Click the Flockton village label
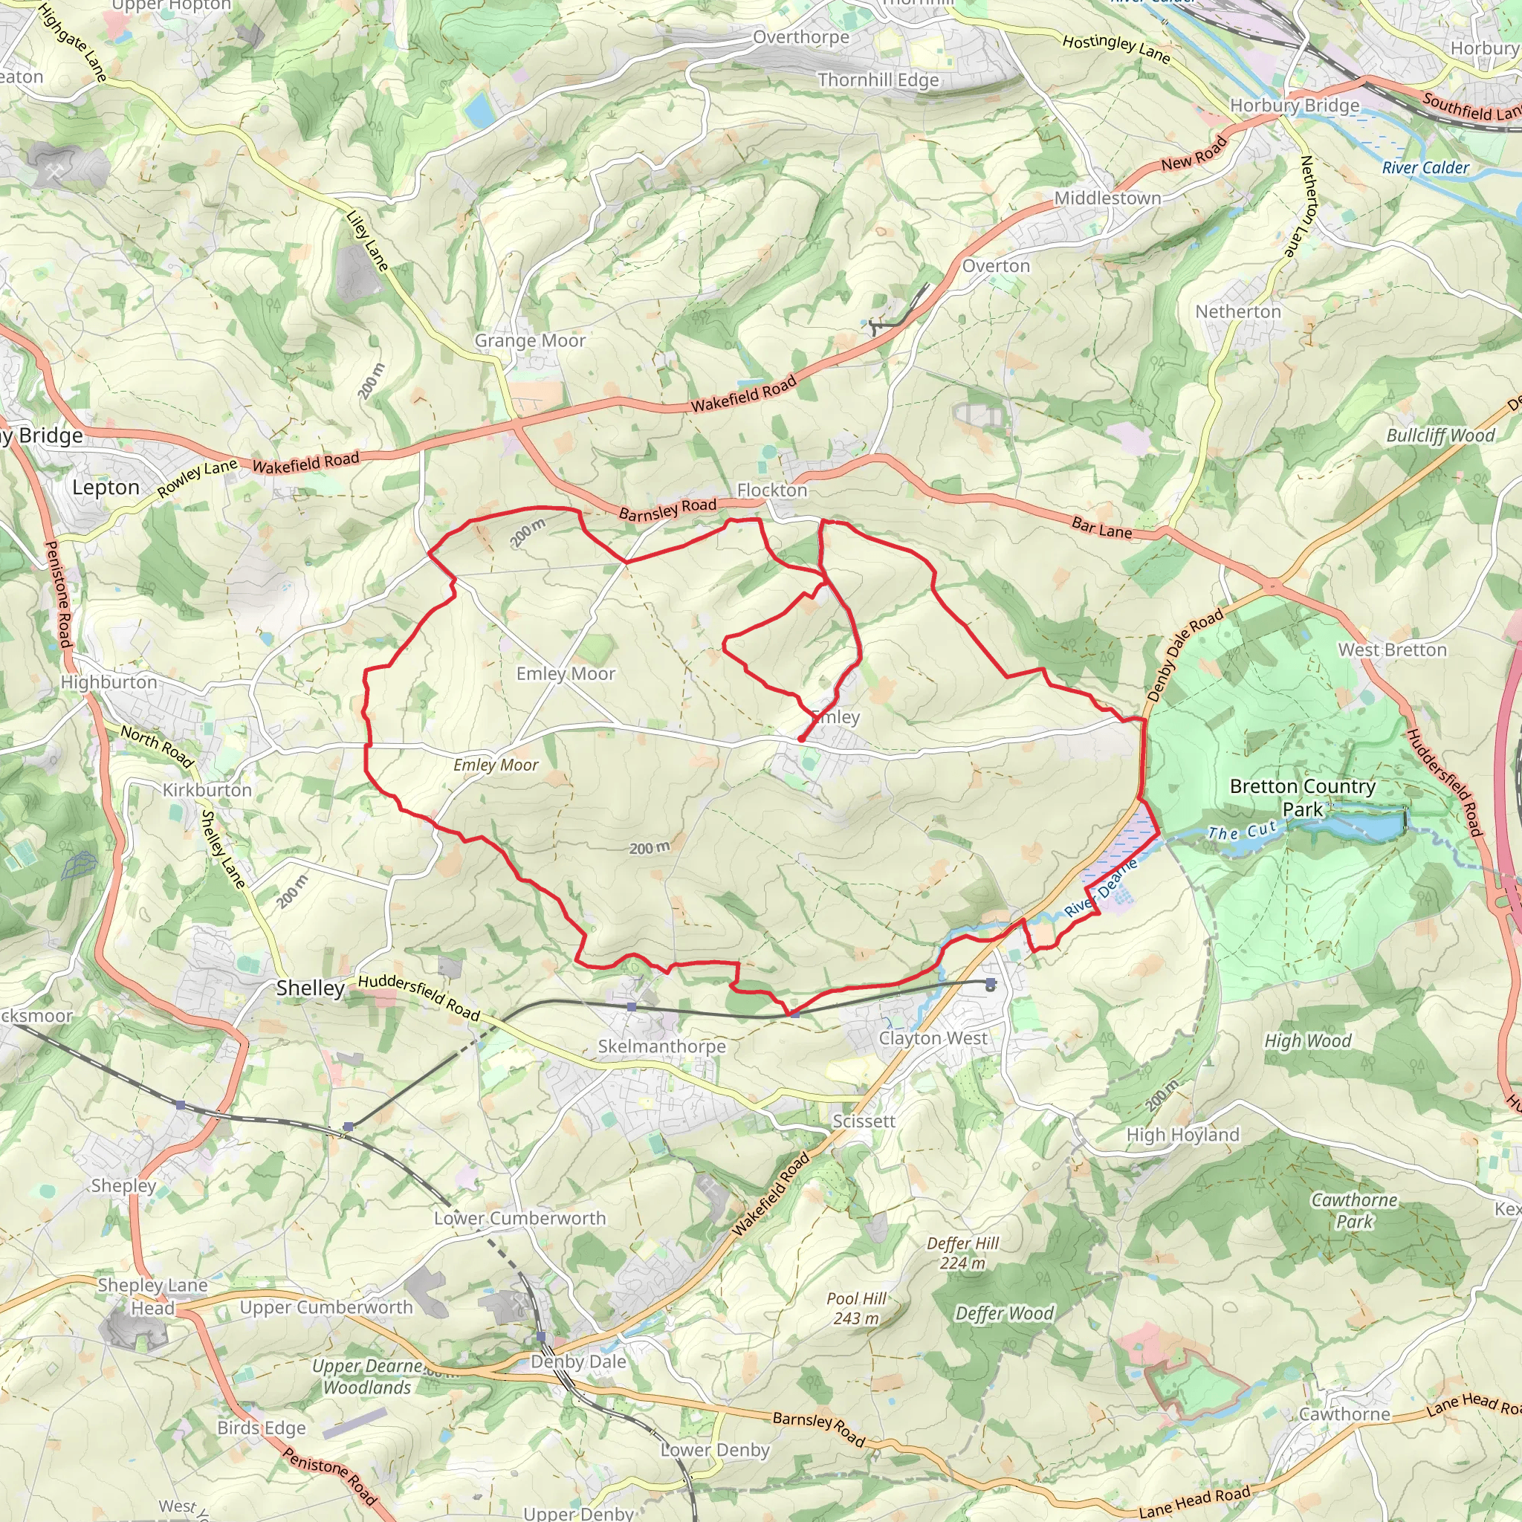[x=771, y=490]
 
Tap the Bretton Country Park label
[x=1302, y=797]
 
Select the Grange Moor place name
[x=529, y=340]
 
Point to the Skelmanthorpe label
[x=661, y=1046]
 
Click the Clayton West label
[x=933, y=1038]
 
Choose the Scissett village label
[x=864, y=1121]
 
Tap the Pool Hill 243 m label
[x=856, y=1309]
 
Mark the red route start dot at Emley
[x=800, y=739]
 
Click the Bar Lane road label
[x=1101, y=528]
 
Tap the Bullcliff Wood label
[x=1440, y=435]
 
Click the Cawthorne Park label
[x=1353, y=1211]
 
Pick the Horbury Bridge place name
[x=1295, y=106]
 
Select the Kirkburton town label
[x=207, y=790]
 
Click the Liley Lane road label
[x=368, y=240]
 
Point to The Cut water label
[x=1243, y=831]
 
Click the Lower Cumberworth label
[x=520, y=1218]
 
